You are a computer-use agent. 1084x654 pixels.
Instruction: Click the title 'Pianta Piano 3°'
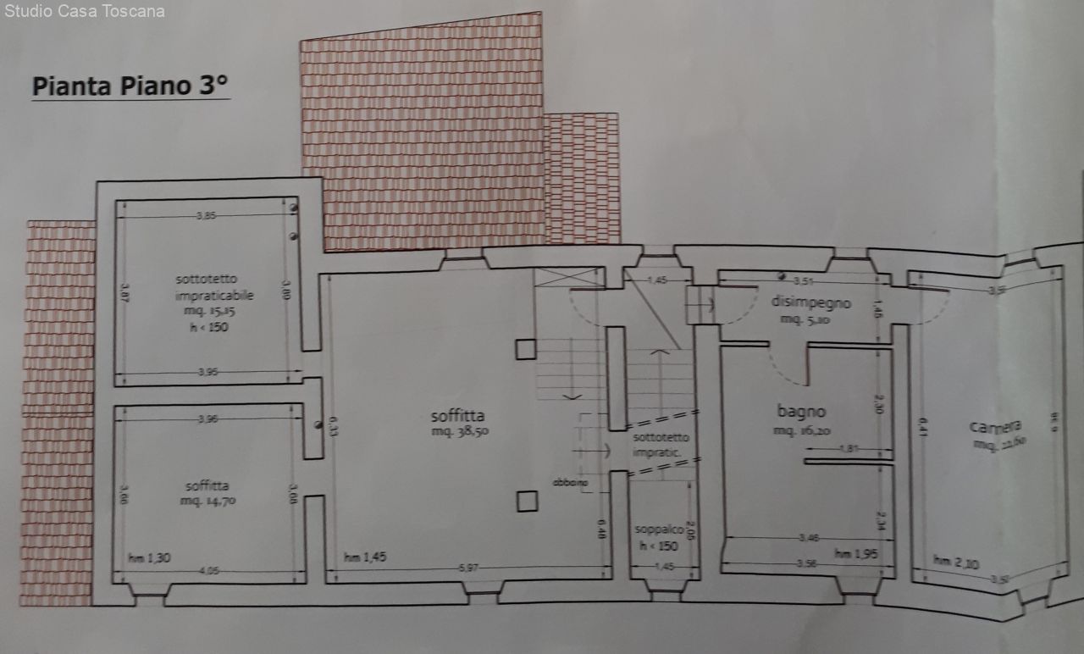tap(130, 86)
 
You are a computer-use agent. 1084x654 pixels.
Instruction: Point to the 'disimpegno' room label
tap(810, 302)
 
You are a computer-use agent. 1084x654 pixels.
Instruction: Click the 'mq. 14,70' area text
tap(207, 502)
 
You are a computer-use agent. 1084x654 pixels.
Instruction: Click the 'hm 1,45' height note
tap(365, 557)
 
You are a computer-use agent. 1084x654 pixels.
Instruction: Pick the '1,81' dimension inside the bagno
tap(849, 448)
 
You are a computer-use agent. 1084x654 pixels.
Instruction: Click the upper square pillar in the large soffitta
tap(525, 348)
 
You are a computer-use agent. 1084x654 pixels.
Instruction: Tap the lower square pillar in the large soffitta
tap(526, 502)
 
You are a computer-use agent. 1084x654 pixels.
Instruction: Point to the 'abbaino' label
tap(570, 483)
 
